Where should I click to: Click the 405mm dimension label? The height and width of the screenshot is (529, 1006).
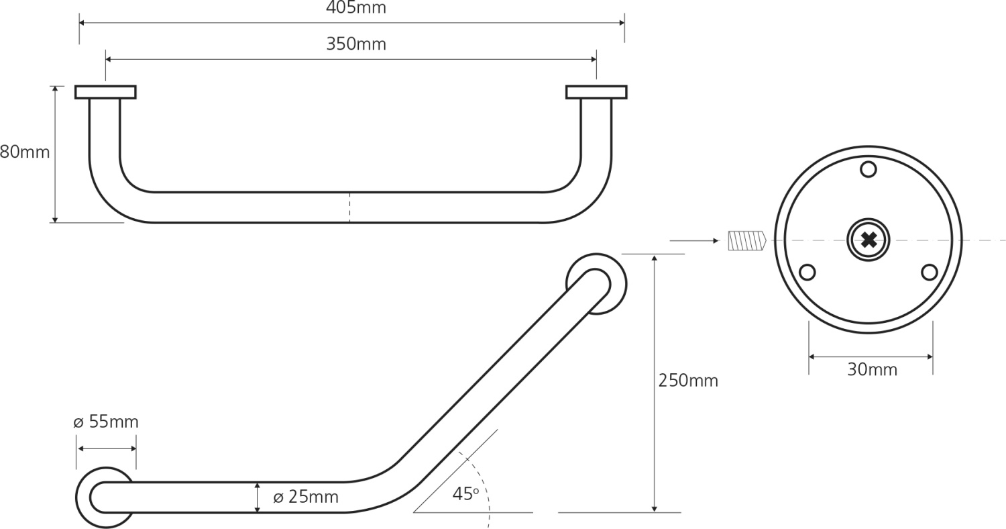pos(355,7)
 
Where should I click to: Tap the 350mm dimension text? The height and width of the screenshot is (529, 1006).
pos(355,44)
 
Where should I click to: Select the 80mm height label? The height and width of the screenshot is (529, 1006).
pos(25,152)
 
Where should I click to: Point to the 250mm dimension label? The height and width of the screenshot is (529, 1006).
pos(688,381)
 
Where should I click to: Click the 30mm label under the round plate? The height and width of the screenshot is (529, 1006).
pos(872,369)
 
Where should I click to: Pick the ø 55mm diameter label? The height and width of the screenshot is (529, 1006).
pos(106,422)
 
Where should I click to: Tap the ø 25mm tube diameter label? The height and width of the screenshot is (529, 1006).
pos(306,497)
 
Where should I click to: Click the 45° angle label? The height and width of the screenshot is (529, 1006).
pos(465,494)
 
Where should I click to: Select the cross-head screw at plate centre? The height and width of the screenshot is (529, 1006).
pos(869,240)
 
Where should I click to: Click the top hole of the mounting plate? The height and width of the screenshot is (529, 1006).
pos(868,170)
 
